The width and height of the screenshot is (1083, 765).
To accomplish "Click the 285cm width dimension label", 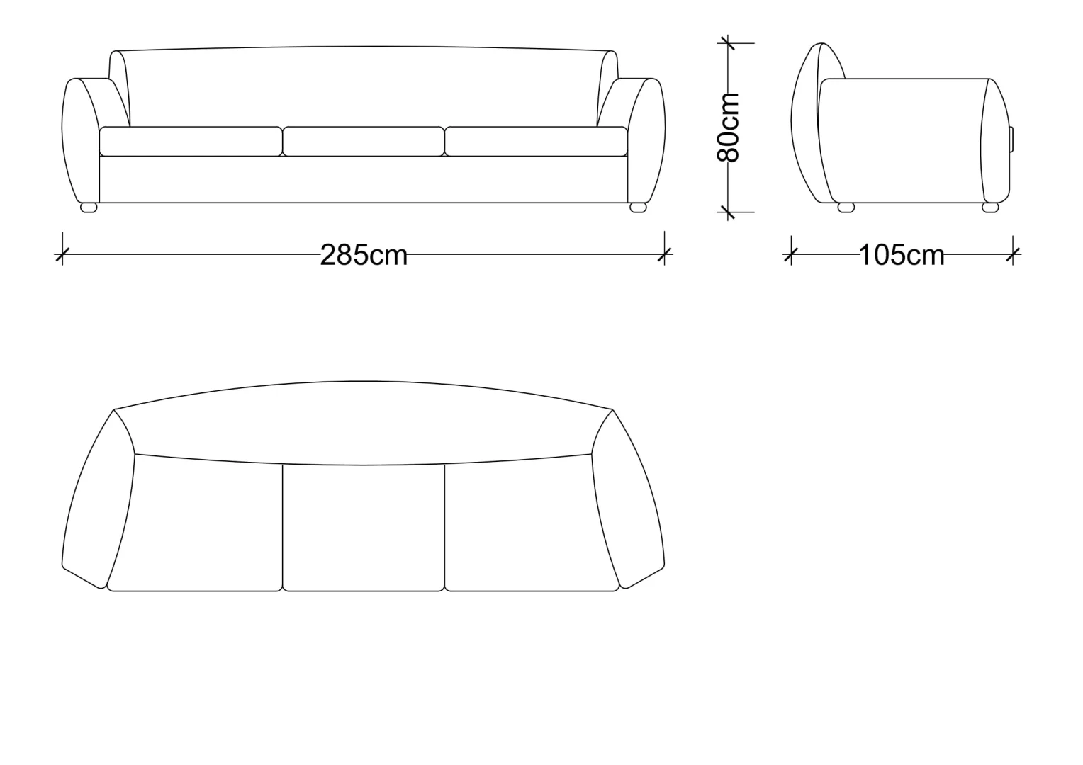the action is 364,255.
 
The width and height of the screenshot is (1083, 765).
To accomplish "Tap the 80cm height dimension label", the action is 728,127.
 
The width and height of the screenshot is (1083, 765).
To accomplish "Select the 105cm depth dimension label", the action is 902,255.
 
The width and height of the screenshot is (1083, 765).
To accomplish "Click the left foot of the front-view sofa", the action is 89,208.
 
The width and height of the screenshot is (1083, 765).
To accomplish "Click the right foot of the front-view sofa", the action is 638,208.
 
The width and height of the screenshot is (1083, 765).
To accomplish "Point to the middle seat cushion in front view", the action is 364,141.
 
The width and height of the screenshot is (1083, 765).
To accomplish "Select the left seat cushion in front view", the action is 191,141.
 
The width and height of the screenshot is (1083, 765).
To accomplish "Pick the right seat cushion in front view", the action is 536,141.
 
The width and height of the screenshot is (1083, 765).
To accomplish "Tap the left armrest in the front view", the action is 81,140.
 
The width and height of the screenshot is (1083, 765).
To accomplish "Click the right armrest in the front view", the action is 646,140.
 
